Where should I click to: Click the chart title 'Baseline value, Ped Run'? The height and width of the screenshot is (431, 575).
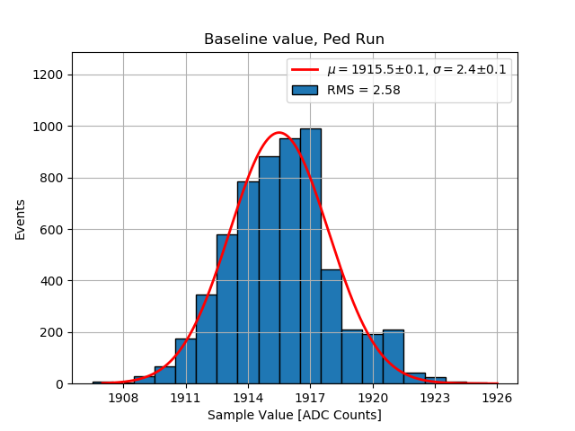(x=294, y=40)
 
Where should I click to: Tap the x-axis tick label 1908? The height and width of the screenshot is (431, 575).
(x=123, y=398)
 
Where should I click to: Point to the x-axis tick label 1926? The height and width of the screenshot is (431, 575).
(x=497, y=398)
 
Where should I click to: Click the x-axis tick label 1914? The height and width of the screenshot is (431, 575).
(x=248, y=398)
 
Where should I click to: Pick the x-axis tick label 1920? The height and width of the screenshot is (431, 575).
(x=372, y=398)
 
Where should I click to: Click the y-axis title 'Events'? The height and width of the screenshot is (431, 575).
(x=21, y=219)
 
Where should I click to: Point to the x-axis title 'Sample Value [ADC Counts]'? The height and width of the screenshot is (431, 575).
(x=294, y=415)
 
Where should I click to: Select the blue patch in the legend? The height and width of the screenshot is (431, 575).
(x=305, y=90)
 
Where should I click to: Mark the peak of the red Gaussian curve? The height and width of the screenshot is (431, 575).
(x=279, y=133)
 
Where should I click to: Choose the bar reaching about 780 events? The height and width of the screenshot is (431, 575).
(x=248, y=283)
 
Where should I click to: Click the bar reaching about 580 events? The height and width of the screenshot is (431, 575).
(x=226, y=309)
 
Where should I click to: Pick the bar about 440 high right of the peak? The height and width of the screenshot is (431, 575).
(x=331, y=327)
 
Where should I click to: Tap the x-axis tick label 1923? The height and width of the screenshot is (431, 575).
(x=435, y=398)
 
